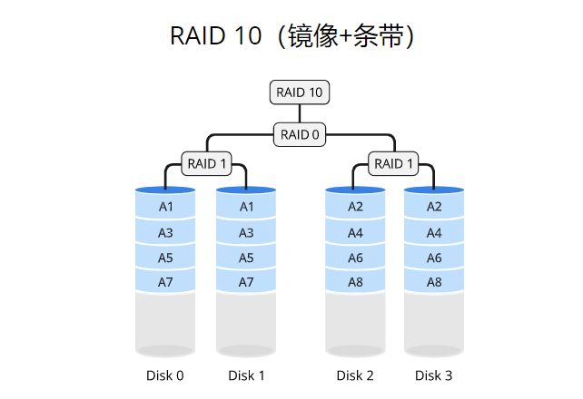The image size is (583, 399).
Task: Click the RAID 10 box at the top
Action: (x=300, y=92)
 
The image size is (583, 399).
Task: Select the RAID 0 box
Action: (x=300, y=134)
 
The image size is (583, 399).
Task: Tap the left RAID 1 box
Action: (x=207, y=164)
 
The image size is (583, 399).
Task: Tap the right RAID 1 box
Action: (x=393, y=164)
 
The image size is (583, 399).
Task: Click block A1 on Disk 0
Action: (x=165, y=207)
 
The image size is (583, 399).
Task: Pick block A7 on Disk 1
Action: (x=246, y=282)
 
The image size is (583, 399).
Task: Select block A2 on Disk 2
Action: (x=356, y=207)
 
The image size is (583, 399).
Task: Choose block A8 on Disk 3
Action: (x=434, y=282)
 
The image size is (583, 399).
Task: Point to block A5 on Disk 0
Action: (x=165, y=258)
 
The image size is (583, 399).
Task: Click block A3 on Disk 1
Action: (x=246, y=233)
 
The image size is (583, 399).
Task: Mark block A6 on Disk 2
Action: (x=356, y=258)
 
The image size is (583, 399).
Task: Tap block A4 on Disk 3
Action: (x=434, y=233)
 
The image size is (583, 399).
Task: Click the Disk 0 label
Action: (x=165, y=375)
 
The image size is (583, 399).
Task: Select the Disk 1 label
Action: (x=246, y=375)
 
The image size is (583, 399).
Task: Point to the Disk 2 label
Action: (x=356, y=375)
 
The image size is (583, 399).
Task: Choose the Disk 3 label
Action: (x=434, y=375)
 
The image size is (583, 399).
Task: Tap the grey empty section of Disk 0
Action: (x=165, y=322)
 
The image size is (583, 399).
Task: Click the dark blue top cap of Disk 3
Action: (x=434, y=190)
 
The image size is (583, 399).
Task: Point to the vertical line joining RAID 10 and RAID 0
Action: (x=300, y=113)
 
